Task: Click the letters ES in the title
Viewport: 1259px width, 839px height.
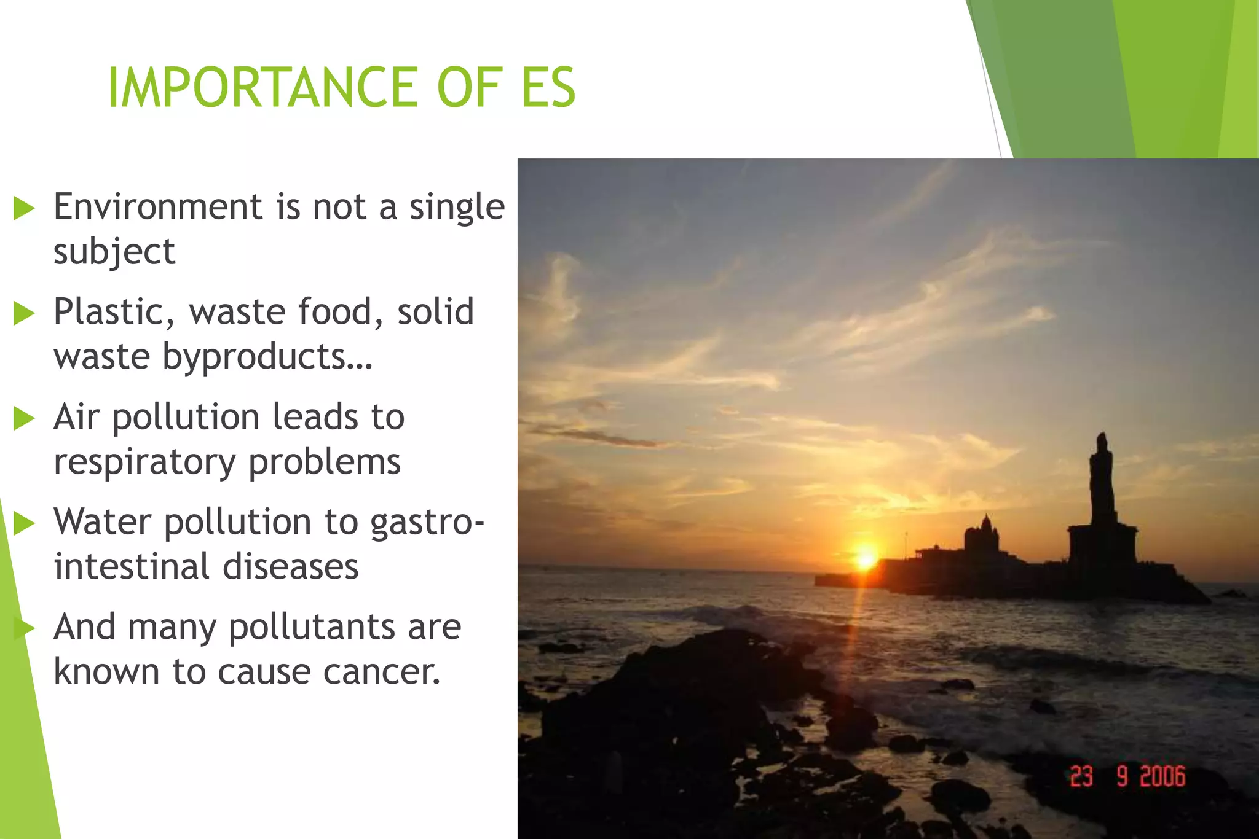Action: (548, 87)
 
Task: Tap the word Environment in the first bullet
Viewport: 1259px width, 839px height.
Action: (159, 206)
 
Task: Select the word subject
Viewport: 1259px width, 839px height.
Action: (114, 252)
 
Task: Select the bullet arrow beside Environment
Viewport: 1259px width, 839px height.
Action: (25, 208)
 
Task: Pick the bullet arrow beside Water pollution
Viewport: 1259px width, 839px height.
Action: (25, 523)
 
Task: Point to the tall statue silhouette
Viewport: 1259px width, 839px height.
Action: (1102, 485)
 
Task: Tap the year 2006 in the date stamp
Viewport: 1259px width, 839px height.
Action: (1162, 776)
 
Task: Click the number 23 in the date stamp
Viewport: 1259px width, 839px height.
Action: (1081, 776)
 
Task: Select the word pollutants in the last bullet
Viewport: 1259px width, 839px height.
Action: (311, 627)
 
